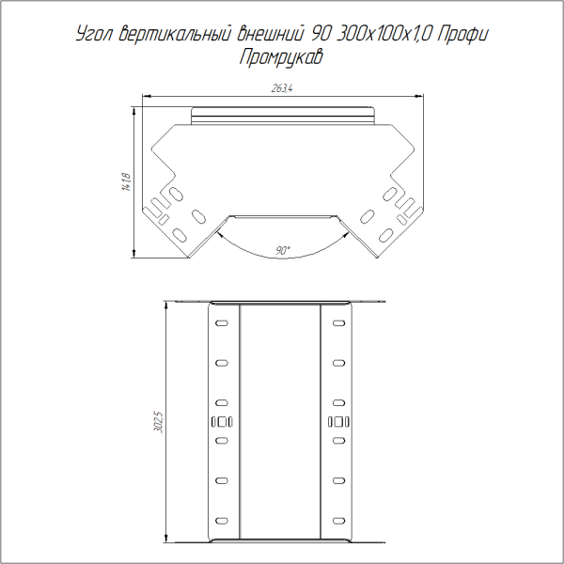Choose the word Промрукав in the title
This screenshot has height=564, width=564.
pos(282,58)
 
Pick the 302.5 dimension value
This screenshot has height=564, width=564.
pos(159,423)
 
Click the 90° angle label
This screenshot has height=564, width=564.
pos(283,250)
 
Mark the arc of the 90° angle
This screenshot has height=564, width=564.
pos(282,258)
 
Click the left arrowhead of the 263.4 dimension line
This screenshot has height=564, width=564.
pos(147,95)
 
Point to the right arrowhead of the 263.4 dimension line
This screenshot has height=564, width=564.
pos(417,95)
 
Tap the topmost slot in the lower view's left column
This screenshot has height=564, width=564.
pos(222,323)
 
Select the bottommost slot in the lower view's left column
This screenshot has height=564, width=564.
pos(222,520)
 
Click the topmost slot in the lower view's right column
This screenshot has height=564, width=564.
pos(339,323)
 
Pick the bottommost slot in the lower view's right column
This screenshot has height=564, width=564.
pos(339,520)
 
